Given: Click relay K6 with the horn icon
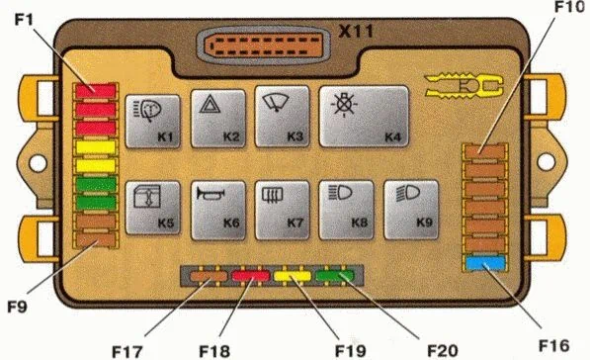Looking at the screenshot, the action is (x=219, y=206).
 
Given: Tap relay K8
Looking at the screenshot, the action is (x=348, y=206).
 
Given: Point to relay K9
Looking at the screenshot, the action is (x=410, y=206).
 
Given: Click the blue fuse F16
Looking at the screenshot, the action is (x=485, y=264).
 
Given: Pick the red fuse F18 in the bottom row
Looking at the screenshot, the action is (x=250, y=276).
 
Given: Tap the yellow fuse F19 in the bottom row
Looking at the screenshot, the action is (x=295, y=276).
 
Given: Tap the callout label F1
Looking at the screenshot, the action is (x=22, y=20).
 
